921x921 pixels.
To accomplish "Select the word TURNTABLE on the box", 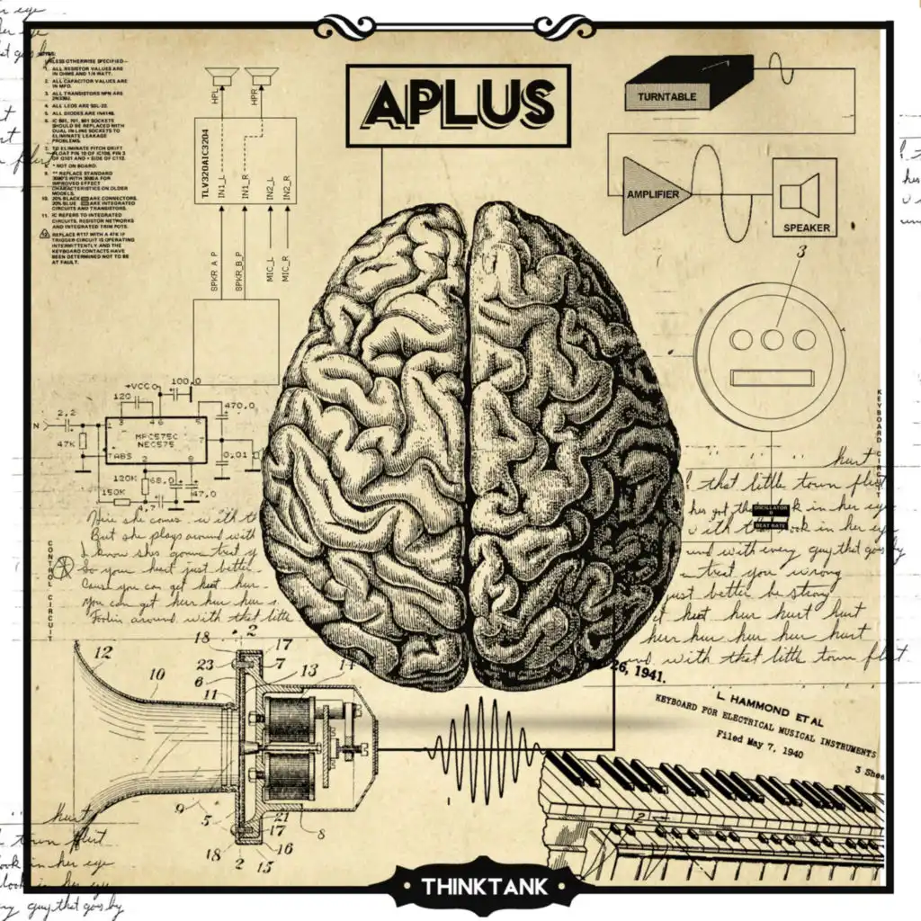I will coord(667,96).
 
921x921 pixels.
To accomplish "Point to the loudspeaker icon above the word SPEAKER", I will coord(800,193).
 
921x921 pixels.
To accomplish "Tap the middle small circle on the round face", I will coord(773,339).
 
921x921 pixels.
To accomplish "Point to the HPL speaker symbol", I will coord(221,76).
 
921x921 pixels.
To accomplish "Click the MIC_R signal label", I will coord(285,264).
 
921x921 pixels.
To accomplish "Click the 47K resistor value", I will coord(65,444).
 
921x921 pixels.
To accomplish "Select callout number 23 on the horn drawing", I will coord(206,666).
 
